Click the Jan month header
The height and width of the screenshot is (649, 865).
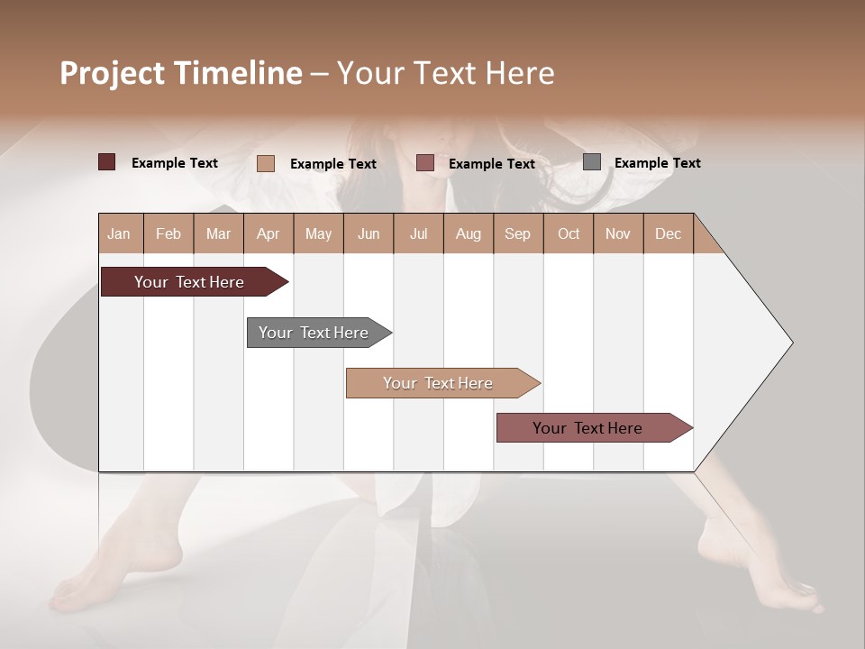pos(119,233)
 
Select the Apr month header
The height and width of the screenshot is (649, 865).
pos(269,233)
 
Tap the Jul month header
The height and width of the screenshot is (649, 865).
pos(418,233)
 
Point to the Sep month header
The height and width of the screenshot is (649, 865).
pos(517,233)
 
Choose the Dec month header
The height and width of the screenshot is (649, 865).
pos(668,233)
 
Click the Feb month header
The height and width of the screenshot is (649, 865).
pos(168,233)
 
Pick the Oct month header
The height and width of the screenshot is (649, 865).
pos(569,233)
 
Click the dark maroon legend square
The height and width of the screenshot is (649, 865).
pos(106,162)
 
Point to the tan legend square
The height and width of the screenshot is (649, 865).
pos(265,163)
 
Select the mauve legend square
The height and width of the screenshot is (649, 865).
pos(425,163)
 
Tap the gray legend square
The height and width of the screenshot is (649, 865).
pos(592,162)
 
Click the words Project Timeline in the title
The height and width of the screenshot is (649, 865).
pos(180,73)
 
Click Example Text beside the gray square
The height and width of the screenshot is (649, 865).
pos(657,163)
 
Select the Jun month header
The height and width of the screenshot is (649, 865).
pos(369,233)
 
